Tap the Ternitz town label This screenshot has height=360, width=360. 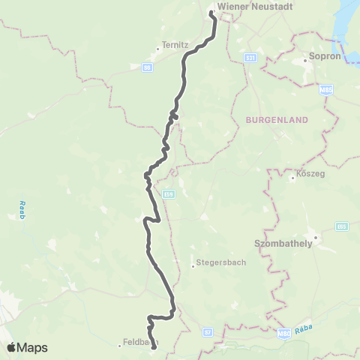(x=174, y=44)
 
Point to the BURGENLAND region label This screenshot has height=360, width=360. (x=273, y=118)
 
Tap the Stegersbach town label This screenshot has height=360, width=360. (x=217, y=264)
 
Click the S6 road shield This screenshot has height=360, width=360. (x=147, y=67)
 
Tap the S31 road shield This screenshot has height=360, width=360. (x=250, y=57)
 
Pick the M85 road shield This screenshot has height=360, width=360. (x=325, y=88)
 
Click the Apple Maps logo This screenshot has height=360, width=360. (x=27, y=347)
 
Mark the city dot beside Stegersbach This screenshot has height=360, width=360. (x=193, y=264)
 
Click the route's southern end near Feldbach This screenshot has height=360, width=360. (x=154, y=347)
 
